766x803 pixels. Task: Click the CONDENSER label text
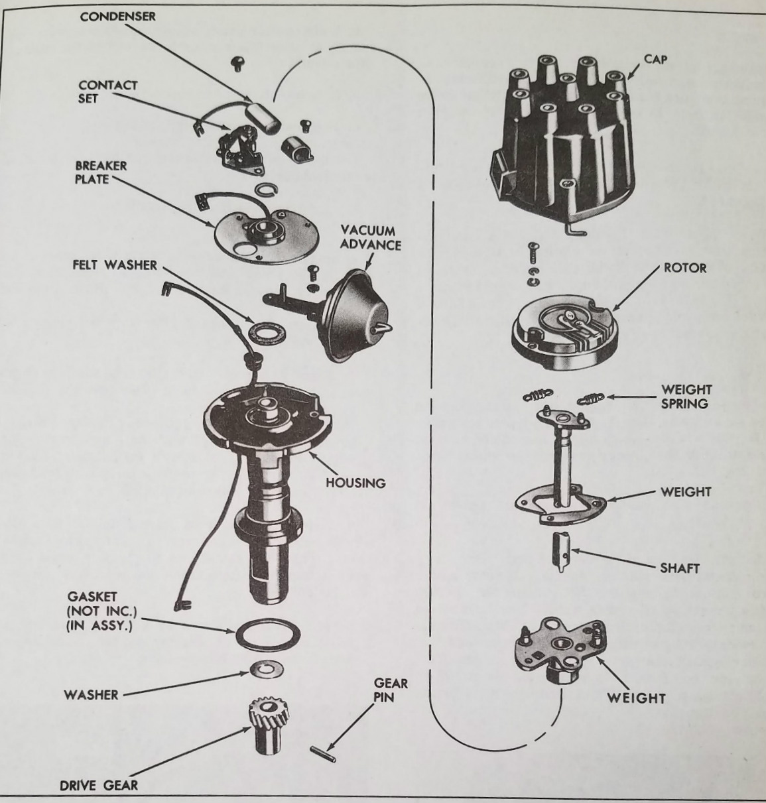[117, 17]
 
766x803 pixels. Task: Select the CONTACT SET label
[107, 92]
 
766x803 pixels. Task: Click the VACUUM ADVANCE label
[371, 238]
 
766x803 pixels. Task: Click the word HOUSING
[355, 483]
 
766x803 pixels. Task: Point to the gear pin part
[323, 752]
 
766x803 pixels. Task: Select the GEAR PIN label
[390, 690]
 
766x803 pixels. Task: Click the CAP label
[655, 60]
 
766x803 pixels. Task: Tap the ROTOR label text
[684, 268]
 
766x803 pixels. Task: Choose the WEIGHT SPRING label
[685, 396]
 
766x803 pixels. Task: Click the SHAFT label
[679, 568]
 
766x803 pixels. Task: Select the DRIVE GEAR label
[99, 786]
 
